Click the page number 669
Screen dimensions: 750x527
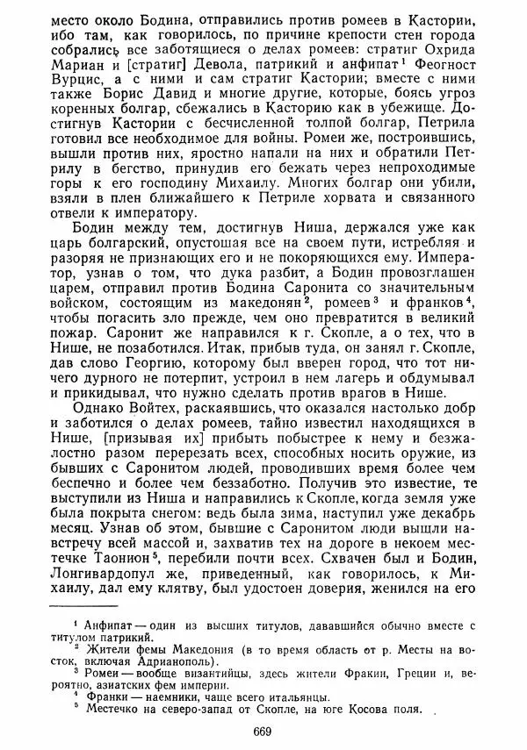[262, 732]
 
